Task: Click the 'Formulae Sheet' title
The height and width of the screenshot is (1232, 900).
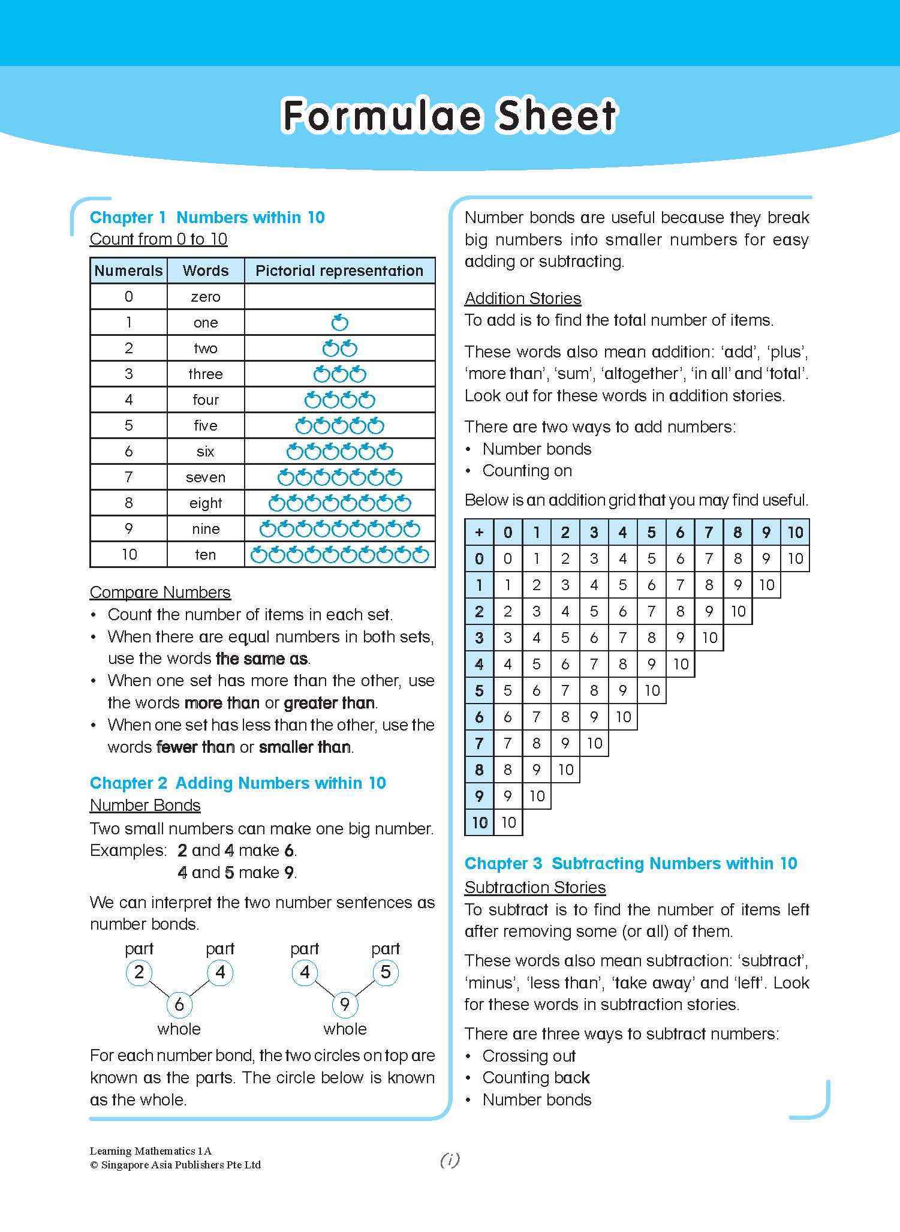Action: (449, 116)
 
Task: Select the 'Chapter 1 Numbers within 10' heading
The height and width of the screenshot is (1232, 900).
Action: (207, 217)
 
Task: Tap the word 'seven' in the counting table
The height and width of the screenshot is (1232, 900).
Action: (205, 477)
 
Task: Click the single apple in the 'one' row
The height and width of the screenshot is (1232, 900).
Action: (339, 323)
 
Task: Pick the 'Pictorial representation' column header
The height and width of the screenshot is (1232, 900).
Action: (339, 271)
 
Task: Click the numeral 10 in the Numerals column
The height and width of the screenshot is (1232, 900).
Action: (129, 555)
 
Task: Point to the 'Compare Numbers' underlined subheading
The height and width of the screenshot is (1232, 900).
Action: (160, 592)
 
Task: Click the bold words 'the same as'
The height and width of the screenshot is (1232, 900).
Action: (261, 659)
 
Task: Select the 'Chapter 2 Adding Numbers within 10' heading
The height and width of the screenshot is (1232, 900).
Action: (237, 783)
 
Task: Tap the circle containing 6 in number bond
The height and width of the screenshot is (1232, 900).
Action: (179, 1003)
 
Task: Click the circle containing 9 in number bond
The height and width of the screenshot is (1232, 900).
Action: (345, 1003)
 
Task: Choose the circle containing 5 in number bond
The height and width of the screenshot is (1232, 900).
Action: (386, 972)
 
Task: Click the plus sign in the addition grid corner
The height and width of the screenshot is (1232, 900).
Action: (478, 532)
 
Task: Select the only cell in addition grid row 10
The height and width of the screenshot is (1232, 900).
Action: (508, 822)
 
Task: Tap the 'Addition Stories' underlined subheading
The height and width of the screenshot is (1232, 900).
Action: (523, 298)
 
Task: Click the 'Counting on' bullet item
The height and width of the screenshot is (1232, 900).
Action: (527, 471)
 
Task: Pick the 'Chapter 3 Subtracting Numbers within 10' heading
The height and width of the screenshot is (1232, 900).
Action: (631, 863)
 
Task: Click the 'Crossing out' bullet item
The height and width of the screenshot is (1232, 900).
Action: (529, 1056)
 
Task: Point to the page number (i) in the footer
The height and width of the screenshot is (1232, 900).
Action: (450, 1160)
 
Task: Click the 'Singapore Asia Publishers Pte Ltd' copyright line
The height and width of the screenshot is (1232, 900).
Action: (175, 1165)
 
